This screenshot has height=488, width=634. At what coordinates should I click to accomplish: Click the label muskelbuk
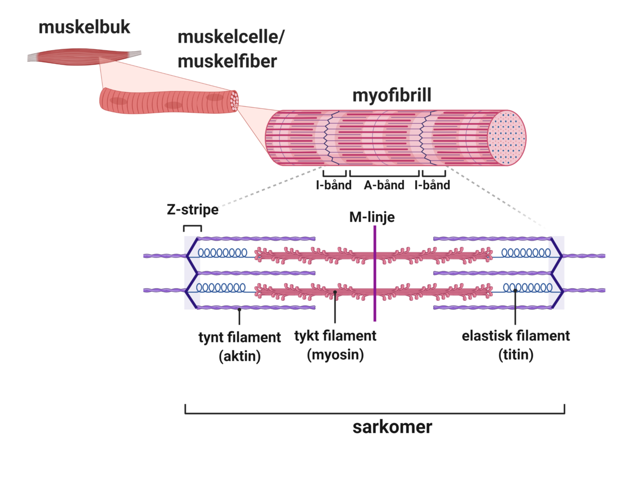[84, 27]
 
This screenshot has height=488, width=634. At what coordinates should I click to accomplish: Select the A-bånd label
[384, 185]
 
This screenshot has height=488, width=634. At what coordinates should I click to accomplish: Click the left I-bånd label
[334, 185]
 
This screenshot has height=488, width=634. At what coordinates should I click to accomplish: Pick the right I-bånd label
[432, 185]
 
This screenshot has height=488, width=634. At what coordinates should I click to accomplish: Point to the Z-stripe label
[192, 209]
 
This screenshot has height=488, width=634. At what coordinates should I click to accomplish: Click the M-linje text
[372, 217]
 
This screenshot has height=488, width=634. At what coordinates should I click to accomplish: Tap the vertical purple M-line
[375, 296]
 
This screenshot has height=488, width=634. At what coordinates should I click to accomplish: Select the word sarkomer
[392, 427]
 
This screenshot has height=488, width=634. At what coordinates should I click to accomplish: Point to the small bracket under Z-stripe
[192, 228]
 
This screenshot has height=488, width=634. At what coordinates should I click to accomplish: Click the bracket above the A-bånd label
[384, 174]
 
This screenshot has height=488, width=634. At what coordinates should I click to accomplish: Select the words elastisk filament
[516, 336]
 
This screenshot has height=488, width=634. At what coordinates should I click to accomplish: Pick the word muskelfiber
[227, 61]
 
